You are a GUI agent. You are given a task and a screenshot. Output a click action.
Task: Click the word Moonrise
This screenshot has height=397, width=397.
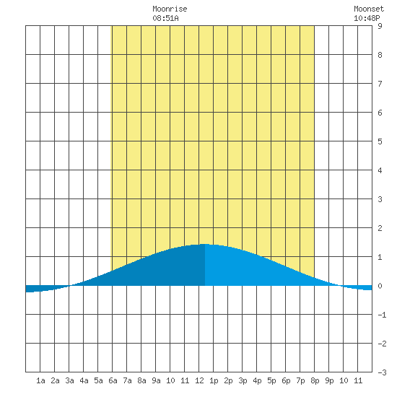[170, 9]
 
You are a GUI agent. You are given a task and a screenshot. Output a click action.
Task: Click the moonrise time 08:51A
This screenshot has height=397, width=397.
[165, 18]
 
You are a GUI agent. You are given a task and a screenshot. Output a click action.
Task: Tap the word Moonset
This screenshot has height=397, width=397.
[369, 9]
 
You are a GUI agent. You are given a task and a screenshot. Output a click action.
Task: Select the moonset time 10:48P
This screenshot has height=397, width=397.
[367, 18]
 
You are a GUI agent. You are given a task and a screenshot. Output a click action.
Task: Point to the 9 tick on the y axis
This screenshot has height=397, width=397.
[380, 26]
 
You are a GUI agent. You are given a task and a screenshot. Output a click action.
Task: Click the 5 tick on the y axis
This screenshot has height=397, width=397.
[380, 141]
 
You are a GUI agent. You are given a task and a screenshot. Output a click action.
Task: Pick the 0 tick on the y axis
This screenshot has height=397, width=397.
[380, 286]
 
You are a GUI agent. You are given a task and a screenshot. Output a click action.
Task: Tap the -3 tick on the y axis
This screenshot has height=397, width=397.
[382, 372]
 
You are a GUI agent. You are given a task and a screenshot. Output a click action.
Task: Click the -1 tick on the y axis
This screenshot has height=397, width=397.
[382, 315]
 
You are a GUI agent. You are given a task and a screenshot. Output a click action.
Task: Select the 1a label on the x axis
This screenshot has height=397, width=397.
[40, 380]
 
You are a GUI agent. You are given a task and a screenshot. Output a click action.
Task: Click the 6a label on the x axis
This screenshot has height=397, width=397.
[113, 380]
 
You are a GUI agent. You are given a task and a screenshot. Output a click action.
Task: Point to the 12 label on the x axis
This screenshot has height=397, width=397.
[199, 380]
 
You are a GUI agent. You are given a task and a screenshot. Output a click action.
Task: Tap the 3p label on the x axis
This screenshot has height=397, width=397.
[243, 380]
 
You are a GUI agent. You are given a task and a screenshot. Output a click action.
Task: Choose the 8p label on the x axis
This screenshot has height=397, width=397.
[315, 380]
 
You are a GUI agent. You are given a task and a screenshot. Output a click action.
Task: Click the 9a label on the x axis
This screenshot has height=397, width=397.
[156, 380]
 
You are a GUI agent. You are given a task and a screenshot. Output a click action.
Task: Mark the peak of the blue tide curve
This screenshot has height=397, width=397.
[205, 244]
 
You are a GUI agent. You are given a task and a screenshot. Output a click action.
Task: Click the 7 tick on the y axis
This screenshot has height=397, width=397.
[380, 84]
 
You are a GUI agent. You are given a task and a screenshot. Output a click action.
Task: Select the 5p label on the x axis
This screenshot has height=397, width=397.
[271, 380]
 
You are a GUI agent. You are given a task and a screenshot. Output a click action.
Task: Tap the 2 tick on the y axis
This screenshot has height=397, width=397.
[380, 228]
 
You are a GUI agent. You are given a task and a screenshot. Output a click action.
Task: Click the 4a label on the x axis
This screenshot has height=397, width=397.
[84, 380]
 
